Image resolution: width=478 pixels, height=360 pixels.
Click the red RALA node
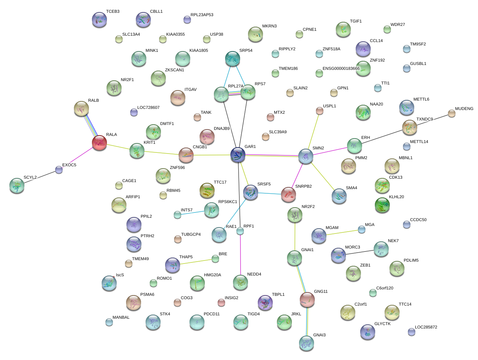click(99, 143)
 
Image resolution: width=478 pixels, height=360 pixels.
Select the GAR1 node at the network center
click(238, 155)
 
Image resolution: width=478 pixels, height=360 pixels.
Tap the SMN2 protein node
click(306, 156)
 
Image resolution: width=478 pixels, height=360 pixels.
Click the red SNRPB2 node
click(289, 194)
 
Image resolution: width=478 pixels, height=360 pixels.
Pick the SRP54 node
click(233, 59)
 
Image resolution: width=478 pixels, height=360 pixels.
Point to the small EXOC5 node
click(59, 170)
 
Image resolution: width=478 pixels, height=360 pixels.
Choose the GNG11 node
click(307, 299)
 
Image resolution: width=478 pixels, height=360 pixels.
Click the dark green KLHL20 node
click(382, 205)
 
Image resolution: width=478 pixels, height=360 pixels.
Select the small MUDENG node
click(452, 113)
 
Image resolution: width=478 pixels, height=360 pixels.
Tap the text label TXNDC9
click(424, 119)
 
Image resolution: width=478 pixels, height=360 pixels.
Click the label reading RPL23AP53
click(202, 15)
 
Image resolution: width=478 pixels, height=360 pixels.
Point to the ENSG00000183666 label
click(341, 69)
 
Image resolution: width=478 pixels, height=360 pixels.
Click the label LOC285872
click(426, 327)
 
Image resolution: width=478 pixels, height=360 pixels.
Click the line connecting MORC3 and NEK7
click(359, 252)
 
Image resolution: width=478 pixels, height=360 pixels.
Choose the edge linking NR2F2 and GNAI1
click(295, 236)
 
